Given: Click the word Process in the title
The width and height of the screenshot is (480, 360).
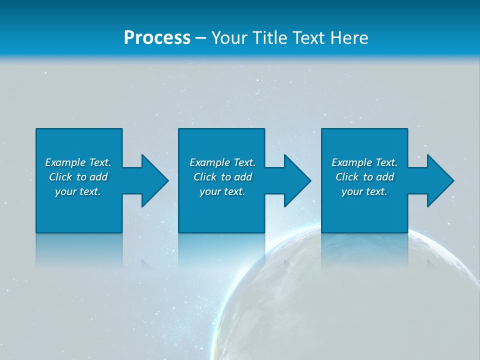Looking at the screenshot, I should pos(157,38).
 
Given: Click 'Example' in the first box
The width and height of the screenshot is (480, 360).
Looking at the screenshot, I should pos(65,162).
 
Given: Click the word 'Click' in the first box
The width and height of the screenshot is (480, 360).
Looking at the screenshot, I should pos(60,177).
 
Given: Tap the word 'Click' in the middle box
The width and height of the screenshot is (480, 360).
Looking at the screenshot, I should pos(205,177).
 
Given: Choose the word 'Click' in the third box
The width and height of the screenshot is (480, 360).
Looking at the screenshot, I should pos(347,177).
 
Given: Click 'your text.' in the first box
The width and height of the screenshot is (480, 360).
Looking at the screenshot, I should pos(78,191).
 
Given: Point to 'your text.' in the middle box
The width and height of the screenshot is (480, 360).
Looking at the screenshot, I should pos(222,191).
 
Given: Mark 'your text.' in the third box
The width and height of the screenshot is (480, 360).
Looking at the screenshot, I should pos(364,191).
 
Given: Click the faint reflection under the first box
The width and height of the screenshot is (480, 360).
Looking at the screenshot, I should pos(79,250).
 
